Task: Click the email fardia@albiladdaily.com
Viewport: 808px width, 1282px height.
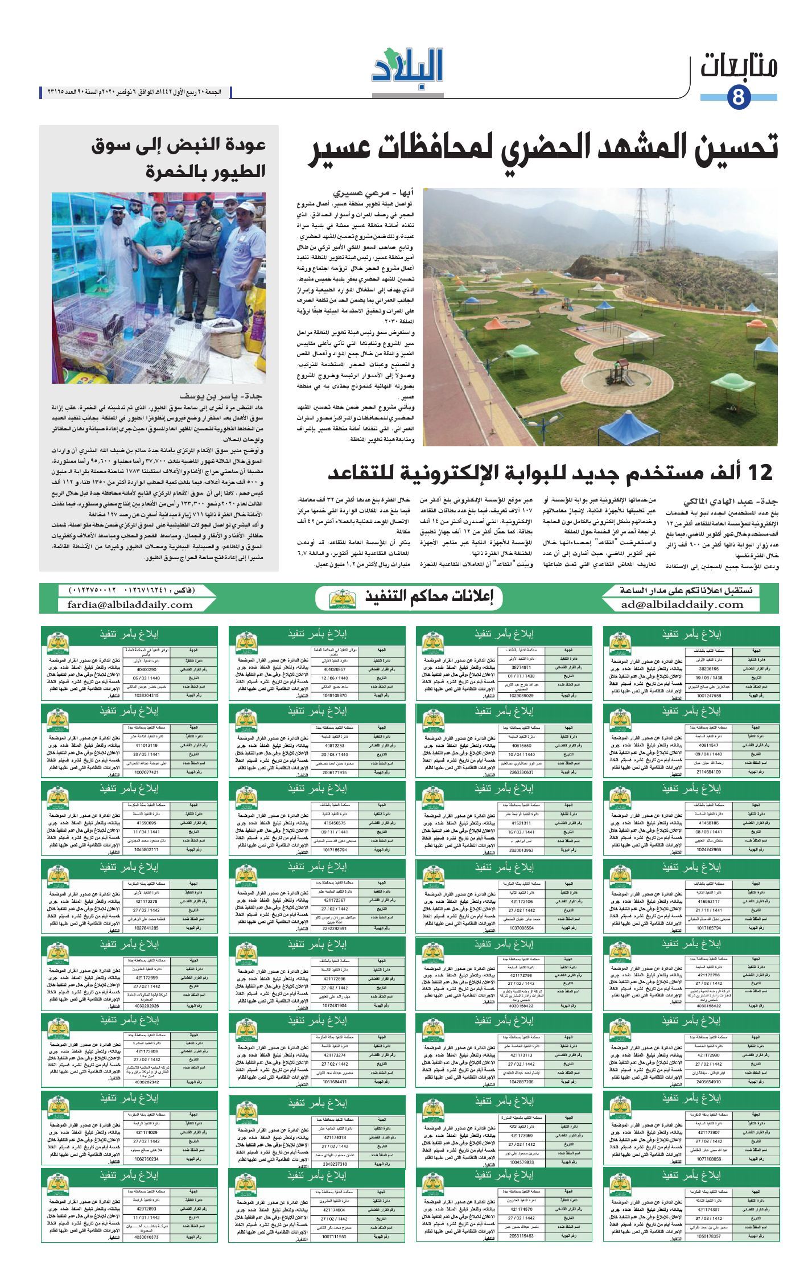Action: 130,605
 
